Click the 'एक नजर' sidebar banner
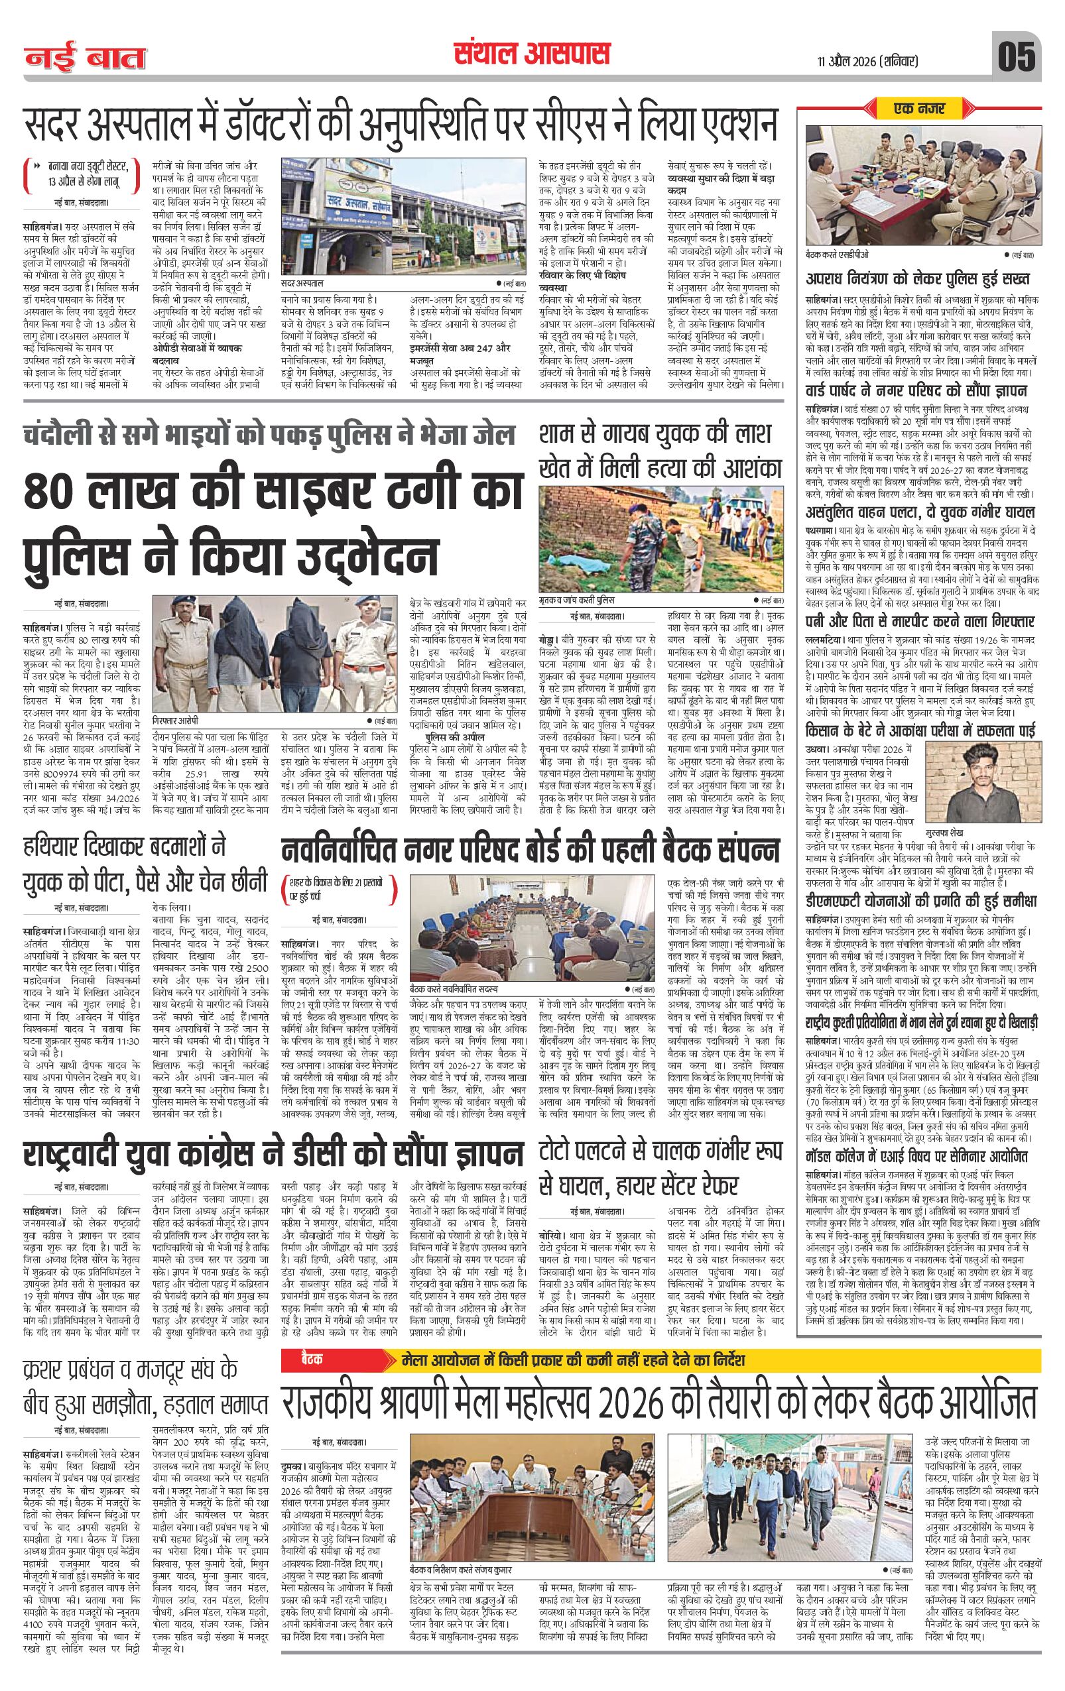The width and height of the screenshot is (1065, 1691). [x=920, y=109]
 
